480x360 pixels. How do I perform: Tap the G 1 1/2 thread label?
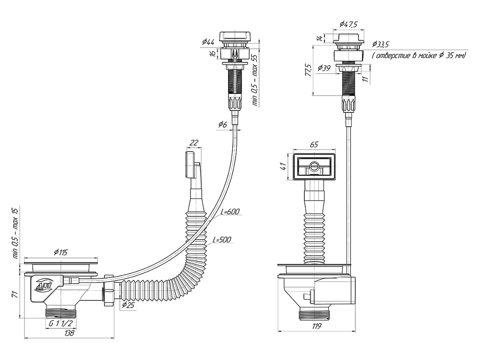pyautogui.click(x=60, y=324)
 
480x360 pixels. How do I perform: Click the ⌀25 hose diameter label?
pyautogui.click(x=128, y=305)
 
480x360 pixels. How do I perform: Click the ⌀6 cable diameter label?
pyautogui.click(x=222, y=125)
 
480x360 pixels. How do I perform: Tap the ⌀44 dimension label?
pyautogui.click(x=208, y=43)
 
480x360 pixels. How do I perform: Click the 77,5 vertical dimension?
pyautogui.click(x=308, y=70)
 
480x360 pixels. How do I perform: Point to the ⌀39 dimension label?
pyautogui.click(x=324, y=68)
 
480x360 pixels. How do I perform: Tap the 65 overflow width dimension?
pyautogui.click(x=315, y=144)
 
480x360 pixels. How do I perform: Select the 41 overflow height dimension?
pyautogui.click(x=283, y=167)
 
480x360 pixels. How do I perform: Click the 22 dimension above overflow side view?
pyautogui.click(x=193, y=143)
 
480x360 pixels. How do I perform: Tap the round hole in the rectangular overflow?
pyautogui.click(x=314, y=167)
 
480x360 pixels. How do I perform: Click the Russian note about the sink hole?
pyautogui.click(x=419, y=56)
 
